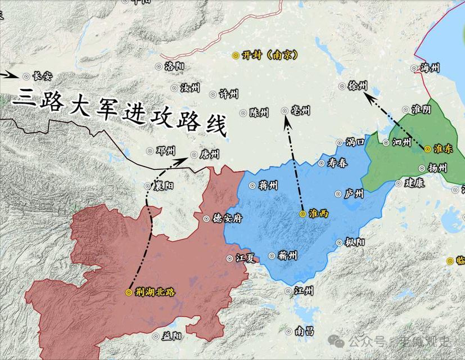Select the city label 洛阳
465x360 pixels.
click(x=174, y=66)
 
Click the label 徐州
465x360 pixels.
click(x=358, y=85)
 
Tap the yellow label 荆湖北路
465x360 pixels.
click(x=156, y=292)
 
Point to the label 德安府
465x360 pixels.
click(x=227, y=218)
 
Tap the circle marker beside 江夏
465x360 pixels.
click(x=229, y=258)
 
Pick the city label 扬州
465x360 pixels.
click(x=437, y=168)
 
